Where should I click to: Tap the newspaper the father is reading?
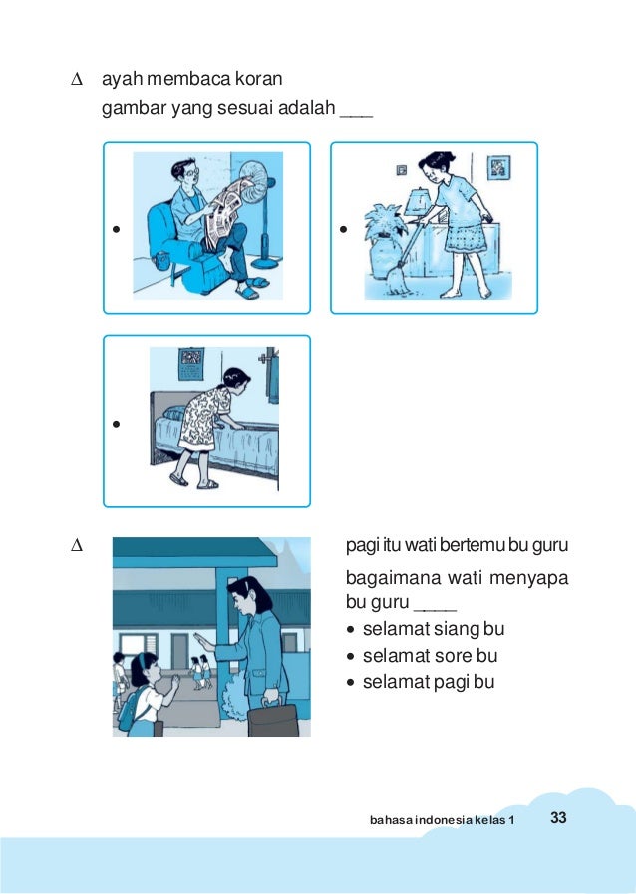point(227,212)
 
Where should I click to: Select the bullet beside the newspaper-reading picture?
point(117,230)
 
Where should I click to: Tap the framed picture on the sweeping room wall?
point(498,168)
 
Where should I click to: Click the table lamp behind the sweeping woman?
point(419,203)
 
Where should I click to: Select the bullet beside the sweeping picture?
point(343,230)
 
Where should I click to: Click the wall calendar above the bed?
point(191,364)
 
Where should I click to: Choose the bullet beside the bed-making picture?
point(117,424)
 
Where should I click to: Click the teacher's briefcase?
point(273,719)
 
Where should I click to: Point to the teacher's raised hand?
point(203,642)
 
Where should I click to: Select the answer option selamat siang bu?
point(434,629)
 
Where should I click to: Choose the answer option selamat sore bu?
point(430,656)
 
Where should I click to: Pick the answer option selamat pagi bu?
point(429,682)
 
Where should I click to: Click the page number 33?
point(558,817)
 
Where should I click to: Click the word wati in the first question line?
point(418,545)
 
